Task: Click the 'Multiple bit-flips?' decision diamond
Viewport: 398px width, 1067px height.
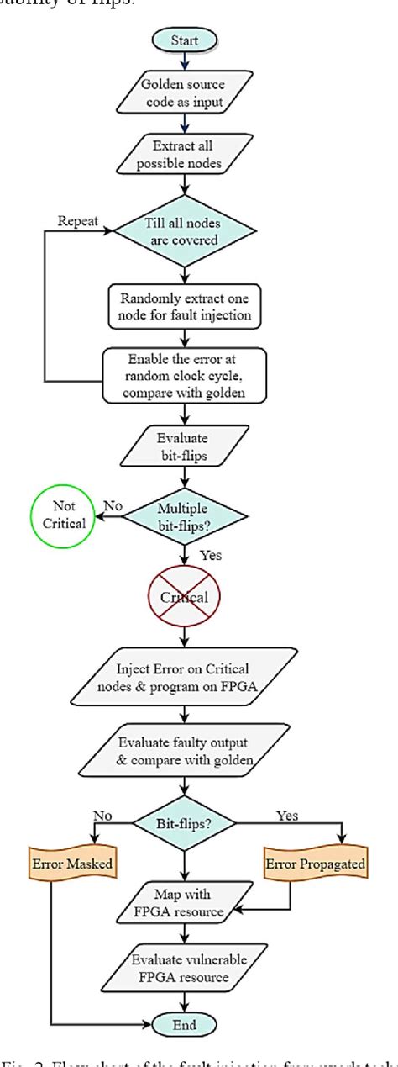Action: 186,515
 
